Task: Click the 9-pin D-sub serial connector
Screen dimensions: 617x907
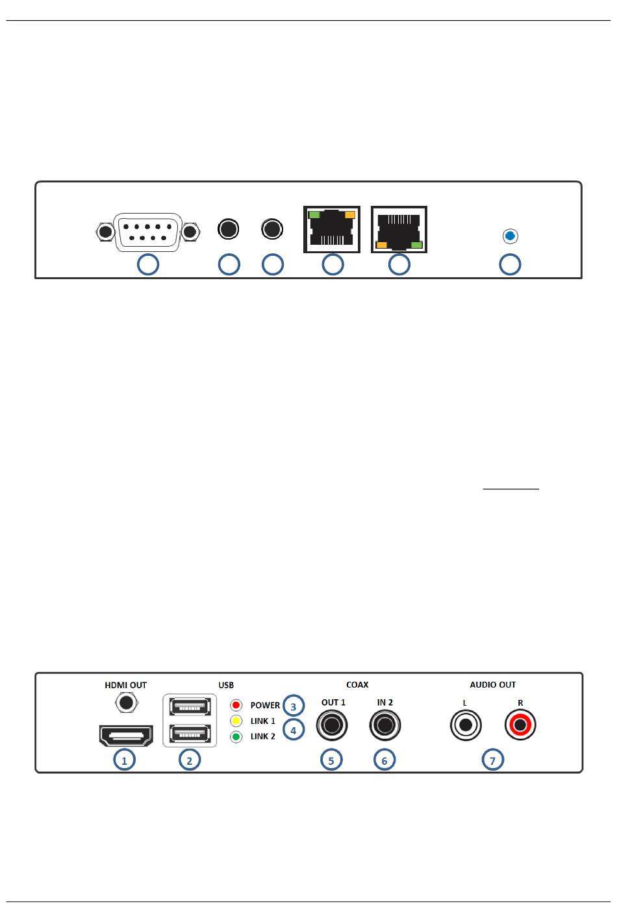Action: pyautogui.click(x=146, y=231)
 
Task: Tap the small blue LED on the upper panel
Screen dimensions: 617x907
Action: pyautogui.click(x=510, y=236)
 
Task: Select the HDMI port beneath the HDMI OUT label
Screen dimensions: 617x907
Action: pyautogui.click(x=125, y=735)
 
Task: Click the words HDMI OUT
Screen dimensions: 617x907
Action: pyautogui.click(x=125, y=685)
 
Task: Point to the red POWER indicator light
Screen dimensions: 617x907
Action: pyautogui.click(x=237, y=705)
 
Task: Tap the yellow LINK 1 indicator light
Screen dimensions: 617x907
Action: pyautogui.click(x=237, y=721)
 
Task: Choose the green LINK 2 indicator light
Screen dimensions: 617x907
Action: pyautogui.click(x=237, y=736)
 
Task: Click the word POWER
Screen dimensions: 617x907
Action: pyautogui.click(x=265, y=705)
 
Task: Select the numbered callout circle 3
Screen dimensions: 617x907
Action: pyautogui.click(x=294, y=706)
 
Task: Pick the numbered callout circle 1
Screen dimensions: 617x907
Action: pyautogui.click(x=124, y=760)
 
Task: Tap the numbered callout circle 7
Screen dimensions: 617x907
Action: pyautogui.click(x=493, y=760)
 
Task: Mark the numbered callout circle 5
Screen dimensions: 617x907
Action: pyautogui.click(x=331, y=760)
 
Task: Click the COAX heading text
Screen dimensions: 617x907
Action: pyautogui.click(x=357, y=685)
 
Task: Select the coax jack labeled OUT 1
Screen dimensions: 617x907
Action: pyautogui.click(x=332, y=725)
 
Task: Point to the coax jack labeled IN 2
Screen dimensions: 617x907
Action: pyautogui.click(x=385, y=725)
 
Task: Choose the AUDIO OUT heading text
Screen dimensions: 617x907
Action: pyautogui.click(x=492, y=685)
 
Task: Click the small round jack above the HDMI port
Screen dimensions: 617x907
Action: pyautogui.click(x=125, y=702)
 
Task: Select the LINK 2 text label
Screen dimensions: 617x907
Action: pyautogui.click(x=263, y=736)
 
